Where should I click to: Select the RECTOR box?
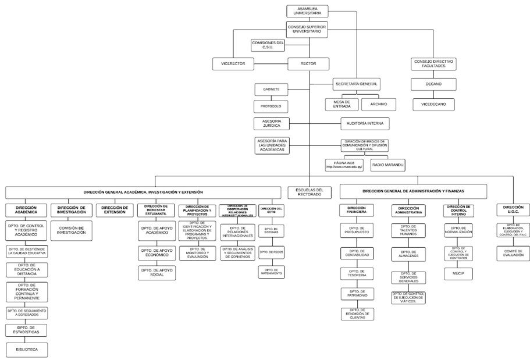308,63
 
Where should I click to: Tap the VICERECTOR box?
233,63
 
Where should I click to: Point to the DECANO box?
433,84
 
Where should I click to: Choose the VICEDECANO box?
433,105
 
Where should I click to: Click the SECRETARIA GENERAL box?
357,84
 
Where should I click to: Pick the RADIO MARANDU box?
387,165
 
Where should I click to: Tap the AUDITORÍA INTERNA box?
365,124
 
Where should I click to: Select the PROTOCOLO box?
271,106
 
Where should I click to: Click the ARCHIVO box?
379,104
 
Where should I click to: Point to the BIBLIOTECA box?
27,350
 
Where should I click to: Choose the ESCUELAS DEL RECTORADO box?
309,192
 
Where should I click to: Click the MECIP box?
458,272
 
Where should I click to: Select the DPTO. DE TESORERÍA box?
357,273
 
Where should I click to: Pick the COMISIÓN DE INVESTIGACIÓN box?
72,230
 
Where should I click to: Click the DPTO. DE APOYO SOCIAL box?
156,272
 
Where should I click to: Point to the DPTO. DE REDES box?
271,251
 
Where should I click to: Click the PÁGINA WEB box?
344,165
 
